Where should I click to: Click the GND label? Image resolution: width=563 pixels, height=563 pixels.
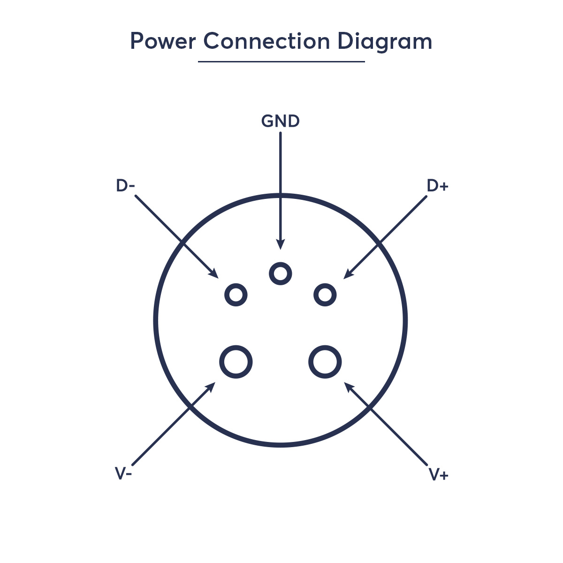point(280,121)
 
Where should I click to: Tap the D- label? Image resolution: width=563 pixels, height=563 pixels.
point(125,185)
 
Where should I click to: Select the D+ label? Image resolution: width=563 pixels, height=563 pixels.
point(437,185)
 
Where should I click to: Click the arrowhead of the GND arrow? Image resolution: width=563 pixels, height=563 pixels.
point(281,245)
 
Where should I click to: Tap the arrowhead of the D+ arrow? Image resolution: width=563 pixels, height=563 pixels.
point(348,274)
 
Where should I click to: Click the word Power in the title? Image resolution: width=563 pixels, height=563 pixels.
point(163,41)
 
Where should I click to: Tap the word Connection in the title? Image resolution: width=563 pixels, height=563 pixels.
point(266,41)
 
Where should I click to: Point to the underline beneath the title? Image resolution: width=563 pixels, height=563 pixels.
point(281,61)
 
